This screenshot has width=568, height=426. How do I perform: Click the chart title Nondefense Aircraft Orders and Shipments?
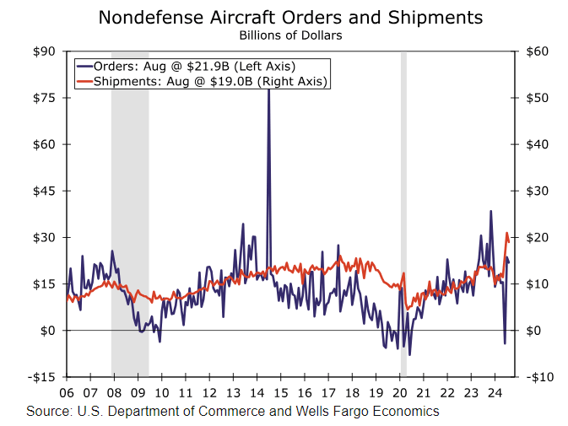tap(290, 18)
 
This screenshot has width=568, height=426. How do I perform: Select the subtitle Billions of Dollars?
tap(290, 35)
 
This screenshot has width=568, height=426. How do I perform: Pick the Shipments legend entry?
tap(202, 81)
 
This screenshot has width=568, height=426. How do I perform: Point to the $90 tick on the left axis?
tap(44, 51)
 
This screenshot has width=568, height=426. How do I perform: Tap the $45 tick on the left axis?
tap(44, 191)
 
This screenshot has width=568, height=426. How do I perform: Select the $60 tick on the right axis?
tap(539, 51)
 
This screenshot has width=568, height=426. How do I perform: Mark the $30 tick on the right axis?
tap(539, 191)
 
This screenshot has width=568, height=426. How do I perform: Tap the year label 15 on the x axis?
tap(281, 393)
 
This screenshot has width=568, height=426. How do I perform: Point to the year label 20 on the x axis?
tap(400, 393)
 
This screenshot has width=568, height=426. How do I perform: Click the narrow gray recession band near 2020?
tap(403, 211)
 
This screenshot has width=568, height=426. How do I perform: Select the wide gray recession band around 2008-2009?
tap(130, 211)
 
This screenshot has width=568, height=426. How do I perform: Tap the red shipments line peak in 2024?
tap(506, 233)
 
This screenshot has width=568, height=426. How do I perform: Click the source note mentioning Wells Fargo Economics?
tap(233, 412)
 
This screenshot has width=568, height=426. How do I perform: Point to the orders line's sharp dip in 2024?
tap(505, 342)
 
